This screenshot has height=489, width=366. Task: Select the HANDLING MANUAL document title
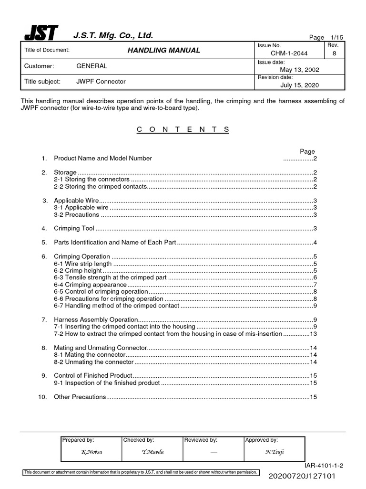click(x=162, y=50)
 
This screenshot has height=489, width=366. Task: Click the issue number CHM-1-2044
click(x=289, y=54)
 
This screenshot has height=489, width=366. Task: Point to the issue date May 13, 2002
click(x=299, y=70)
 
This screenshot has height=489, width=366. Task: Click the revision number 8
click(x=334, y=54)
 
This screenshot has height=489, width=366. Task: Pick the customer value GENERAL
click(x=92, y=66)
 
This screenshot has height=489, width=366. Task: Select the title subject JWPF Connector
click(x=101, y=82)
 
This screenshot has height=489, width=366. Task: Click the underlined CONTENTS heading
click(x=183, y=129)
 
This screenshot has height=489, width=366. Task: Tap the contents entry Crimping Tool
click(x=74, y=229)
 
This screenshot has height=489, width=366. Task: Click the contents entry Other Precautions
click(x=80, y=397)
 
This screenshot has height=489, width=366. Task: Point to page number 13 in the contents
click(x=314, y=334)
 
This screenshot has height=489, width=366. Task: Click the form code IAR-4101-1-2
click(x=324, y=465)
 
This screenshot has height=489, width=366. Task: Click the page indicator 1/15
click(x=330, y=37)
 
